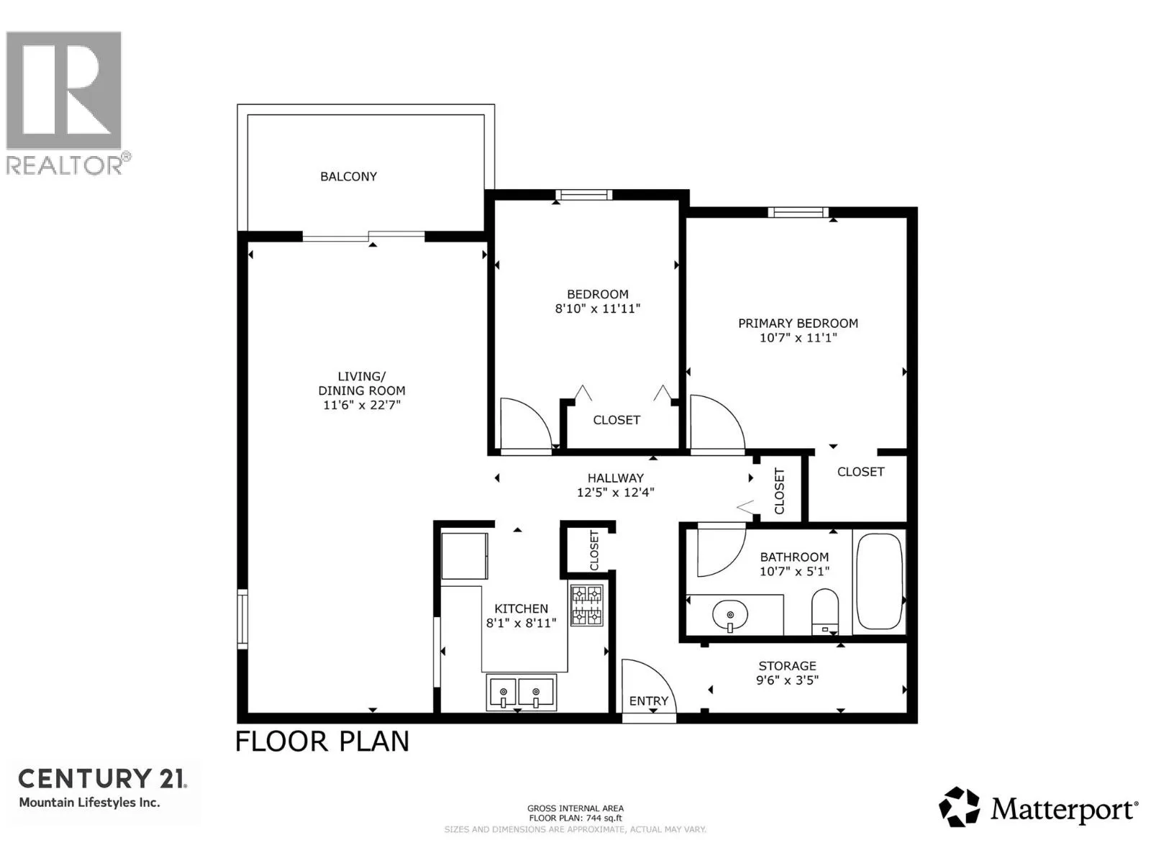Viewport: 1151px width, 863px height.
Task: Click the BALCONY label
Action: pos(348,177)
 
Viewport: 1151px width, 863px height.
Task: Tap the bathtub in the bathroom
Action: pos(879,581)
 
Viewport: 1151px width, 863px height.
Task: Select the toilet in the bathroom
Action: pos(824,611)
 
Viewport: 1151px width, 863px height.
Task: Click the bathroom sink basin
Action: pos(730,614)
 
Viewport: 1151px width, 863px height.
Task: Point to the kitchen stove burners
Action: pos(587,606)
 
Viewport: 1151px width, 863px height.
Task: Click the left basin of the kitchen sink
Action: pos(503,693)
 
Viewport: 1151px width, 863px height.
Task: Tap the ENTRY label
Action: pos(649,701)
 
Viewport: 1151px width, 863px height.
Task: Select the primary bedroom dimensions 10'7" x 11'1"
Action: pos(798,337)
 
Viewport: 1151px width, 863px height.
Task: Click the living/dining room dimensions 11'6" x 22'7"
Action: pos(361,405)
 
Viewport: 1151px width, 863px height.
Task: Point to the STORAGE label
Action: pos(787,666)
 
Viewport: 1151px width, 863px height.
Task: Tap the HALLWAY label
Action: pos(615,478)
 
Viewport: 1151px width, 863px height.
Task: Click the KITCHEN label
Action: pos(521,608)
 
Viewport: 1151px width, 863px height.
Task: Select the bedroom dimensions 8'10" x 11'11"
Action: pos(598,309)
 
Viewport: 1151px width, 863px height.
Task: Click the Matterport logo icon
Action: pos(959,808)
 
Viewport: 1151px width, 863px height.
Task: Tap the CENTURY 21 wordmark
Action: pos(102,779)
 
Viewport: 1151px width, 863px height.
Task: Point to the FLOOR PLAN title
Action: pos(322,741)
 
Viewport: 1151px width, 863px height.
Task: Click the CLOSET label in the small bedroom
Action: pos(616,420)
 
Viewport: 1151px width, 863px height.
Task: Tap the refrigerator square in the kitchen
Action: pos(465,556)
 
